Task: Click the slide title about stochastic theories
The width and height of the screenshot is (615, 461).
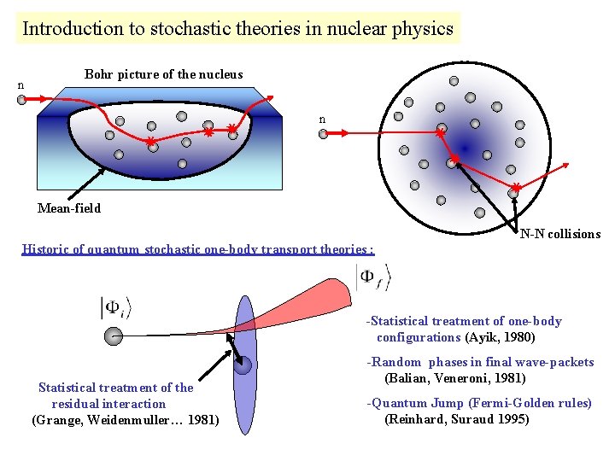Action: coord(237,28)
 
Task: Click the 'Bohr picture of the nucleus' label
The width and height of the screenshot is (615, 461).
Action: coord(163,74)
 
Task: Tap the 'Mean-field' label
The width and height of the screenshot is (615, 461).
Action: coord(69,208)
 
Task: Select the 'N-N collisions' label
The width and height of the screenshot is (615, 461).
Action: coord(559,234)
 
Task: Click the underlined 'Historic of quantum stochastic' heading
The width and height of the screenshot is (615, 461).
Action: coord(197,250)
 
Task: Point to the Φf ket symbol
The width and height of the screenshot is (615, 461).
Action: coord(373,277)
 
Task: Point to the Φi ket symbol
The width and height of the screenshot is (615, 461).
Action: coord(116,308)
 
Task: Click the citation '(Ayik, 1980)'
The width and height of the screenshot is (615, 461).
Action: coord(500,337)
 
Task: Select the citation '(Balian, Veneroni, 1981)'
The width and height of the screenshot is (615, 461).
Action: coord(455,377)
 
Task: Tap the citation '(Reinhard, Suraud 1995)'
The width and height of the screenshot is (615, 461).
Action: coord(457,419)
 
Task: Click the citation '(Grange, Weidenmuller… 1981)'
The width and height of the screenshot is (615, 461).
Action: coord(125,419)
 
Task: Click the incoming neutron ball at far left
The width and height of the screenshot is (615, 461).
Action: coord(21,99)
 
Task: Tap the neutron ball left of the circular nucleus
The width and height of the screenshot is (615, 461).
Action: coord(323,133)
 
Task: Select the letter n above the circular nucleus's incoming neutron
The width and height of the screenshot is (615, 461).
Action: coord(322,120)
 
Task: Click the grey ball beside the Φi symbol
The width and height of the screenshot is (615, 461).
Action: coord(112,336)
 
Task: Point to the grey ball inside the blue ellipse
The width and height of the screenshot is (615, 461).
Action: coord(243,366)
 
